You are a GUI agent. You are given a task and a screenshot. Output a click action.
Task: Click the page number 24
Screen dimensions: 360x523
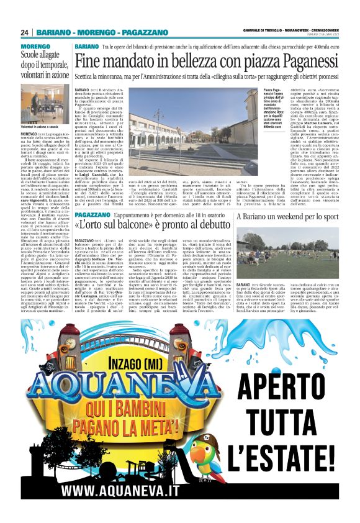(x=25, y=32)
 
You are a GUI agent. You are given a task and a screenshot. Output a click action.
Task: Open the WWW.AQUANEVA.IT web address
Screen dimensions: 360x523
(x=115, y=491)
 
